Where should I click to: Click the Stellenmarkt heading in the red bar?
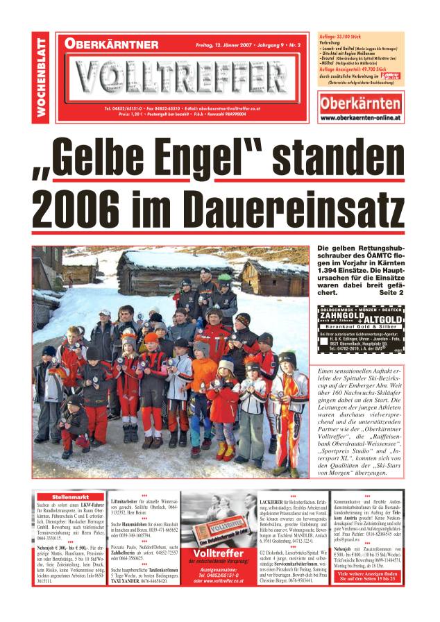pyautogui.click(x=69, y=497)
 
